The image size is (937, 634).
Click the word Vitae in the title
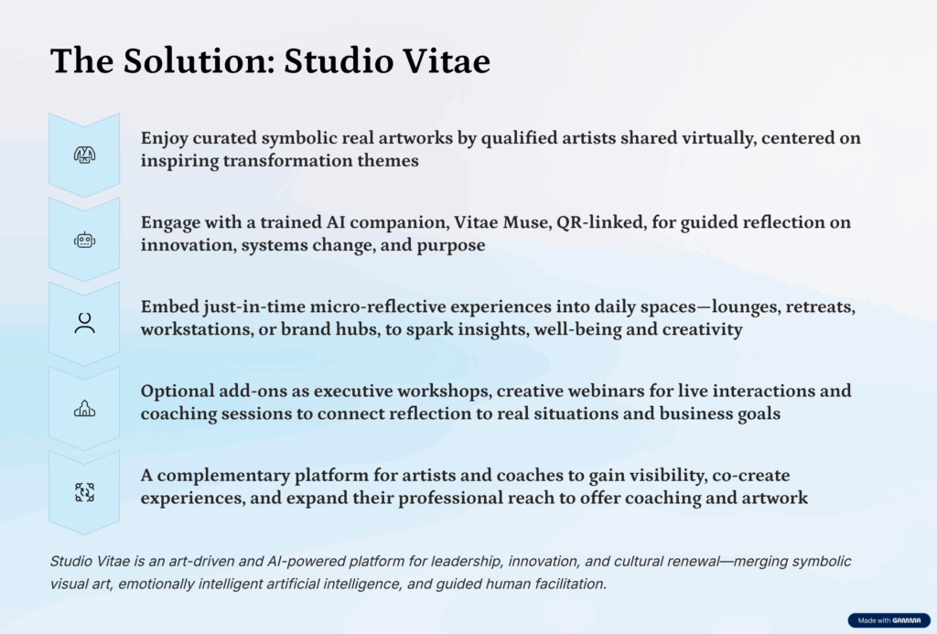pyautogui.click(x=447, y=61)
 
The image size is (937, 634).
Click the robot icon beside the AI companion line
pyautogui.click(x=85, y=241)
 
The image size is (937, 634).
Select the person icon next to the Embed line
pyautogui.click(x=85, y=323)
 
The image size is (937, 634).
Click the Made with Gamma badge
pyautogui.click(x=889, y=620)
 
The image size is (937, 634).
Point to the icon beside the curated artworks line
pyautogui.click(x=85, y=156)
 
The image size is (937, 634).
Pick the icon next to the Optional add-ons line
pyautogui.click(x=85, y=409)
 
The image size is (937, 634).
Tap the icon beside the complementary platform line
pyautogui.click(x=85, y=492)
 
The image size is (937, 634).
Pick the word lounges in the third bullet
pyautogui.click(x=738, y=307)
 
